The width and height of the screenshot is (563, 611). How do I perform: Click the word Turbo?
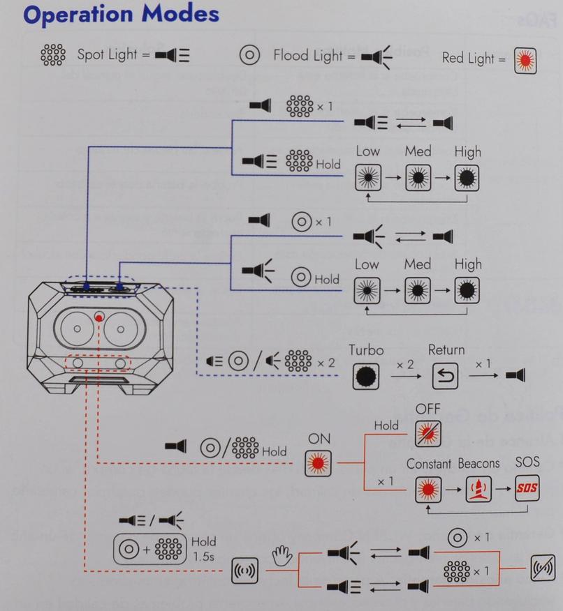(367, 349)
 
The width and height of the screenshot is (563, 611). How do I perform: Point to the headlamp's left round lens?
(77, 327)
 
